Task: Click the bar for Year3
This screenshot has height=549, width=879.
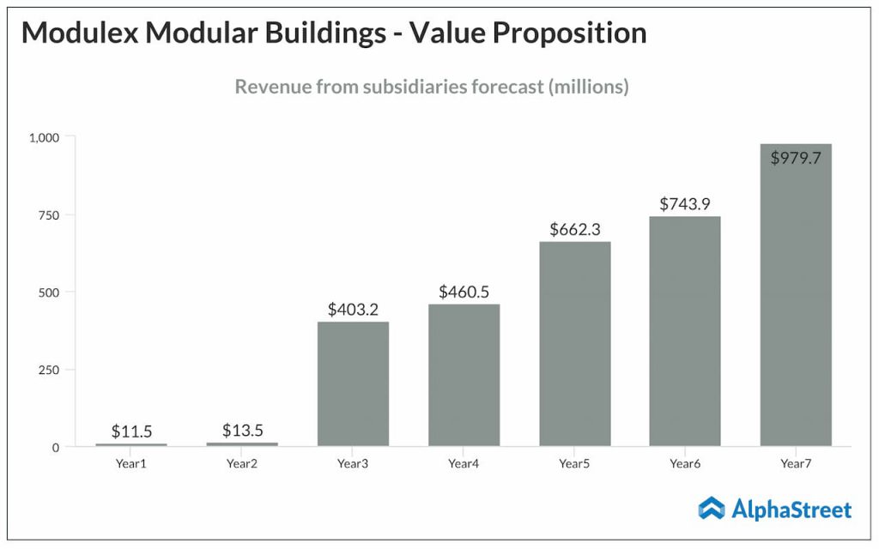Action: (353, 383)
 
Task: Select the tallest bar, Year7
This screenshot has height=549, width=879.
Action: (796, 295)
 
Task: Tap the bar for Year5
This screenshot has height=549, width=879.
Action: (574, 343)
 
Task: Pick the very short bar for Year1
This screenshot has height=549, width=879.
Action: (131, 444)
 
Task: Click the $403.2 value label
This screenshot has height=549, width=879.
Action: (353, 310)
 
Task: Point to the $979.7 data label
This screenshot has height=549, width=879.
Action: (796, 158)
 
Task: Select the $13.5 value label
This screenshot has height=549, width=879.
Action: (242, 431)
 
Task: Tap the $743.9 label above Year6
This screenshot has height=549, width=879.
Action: (685, 204)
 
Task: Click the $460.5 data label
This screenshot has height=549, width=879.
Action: (464, 292)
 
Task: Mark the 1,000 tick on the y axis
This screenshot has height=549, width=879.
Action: (44, 137)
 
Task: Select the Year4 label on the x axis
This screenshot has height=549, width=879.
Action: (464, 464)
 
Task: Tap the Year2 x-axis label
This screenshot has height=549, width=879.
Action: (242, 464)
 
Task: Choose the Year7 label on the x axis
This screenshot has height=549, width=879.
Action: (796, 464)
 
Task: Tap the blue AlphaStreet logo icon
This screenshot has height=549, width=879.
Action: (712, 509)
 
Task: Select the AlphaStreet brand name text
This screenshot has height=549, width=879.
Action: (791, 510)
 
